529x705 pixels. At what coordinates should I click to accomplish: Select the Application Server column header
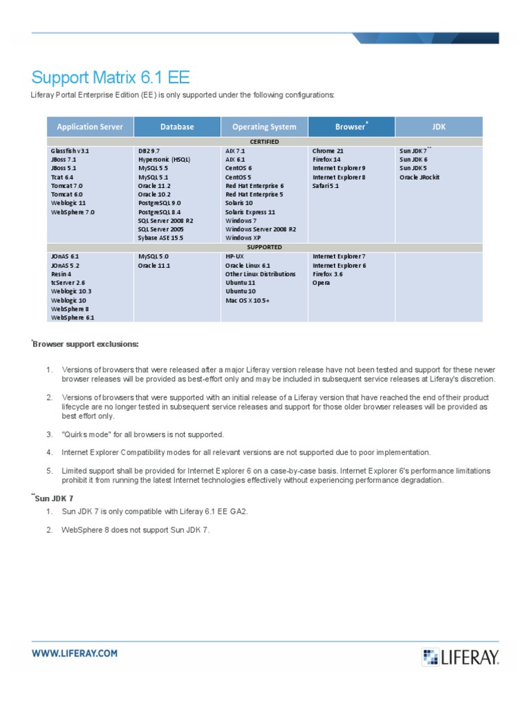[x=90, y=127]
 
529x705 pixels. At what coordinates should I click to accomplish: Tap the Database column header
[x=177, y=127]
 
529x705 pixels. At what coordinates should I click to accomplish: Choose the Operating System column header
[x=264, y=127]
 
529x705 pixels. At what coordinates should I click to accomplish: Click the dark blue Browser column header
[x=351, y=127]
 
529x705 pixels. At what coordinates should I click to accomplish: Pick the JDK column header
[x=439, y=127]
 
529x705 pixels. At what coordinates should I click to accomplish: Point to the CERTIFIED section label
[x=264, y=141]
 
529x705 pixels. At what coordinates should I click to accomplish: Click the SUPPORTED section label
[x=264, y=246]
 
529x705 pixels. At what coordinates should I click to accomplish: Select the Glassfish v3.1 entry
[x=70, y=150]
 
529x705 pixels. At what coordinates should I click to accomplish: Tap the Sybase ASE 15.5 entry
[x=160, y=238]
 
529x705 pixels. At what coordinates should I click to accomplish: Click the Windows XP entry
[x=242, y=238]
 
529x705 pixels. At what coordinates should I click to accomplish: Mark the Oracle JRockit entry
[x=419, y=177]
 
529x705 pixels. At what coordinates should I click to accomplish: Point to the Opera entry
[x=321, y=282]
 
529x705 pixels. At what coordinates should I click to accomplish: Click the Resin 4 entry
[x=61, y=273]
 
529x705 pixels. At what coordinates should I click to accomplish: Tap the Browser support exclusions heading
[x=86, y=344]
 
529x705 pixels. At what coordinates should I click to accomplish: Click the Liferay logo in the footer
[x=461, y=656]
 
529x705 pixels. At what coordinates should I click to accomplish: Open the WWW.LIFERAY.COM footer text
[x=74, y=653]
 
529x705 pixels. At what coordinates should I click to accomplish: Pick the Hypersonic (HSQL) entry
[x=164, y=159]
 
